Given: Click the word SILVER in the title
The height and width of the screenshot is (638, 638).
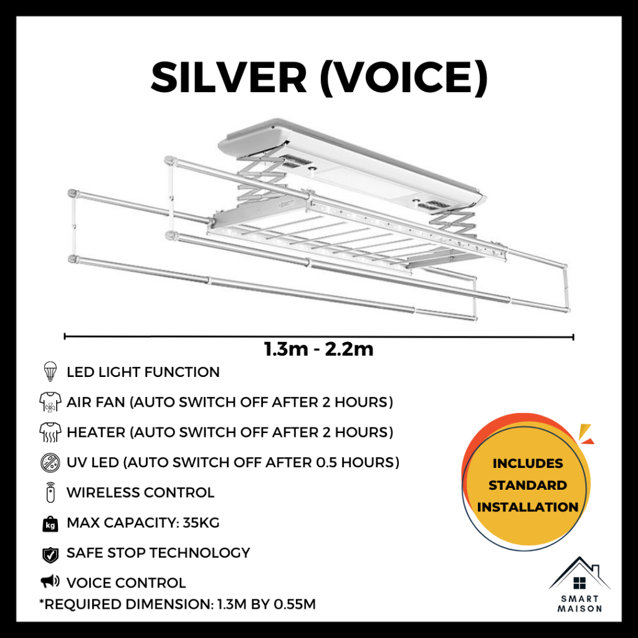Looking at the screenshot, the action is tap(229, 77).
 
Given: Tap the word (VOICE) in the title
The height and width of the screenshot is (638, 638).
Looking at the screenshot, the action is tap(404, 78).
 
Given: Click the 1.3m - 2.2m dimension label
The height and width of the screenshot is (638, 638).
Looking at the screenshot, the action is tap(318, 349).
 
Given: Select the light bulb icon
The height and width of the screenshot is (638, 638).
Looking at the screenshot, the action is tap(50, 371).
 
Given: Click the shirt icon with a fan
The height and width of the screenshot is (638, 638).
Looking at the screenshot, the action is tap(50, 402).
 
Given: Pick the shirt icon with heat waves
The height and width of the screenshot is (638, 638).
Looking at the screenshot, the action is tap(50, 432).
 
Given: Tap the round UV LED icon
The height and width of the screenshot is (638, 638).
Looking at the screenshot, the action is tap(50, 463).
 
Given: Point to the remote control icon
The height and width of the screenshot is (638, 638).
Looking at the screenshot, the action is tap(50, 492).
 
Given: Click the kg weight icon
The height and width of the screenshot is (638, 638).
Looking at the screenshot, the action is tap(50, 523).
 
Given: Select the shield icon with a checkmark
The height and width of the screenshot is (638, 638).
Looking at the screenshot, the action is tap(50, 554).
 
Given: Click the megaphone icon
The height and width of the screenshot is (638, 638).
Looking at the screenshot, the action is tap(50, 581).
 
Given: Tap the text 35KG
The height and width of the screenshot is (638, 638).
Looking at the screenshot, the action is tap(201, 523).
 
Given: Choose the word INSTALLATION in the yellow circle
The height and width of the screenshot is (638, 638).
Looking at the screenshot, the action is tap(527, 507).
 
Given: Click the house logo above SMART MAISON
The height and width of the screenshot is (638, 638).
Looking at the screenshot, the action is tap(579, 574).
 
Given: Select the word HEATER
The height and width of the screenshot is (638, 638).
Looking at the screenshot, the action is tap(96, 432).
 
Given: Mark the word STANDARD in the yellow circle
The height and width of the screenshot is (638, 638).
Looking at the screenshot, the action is tap(527, 485).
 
